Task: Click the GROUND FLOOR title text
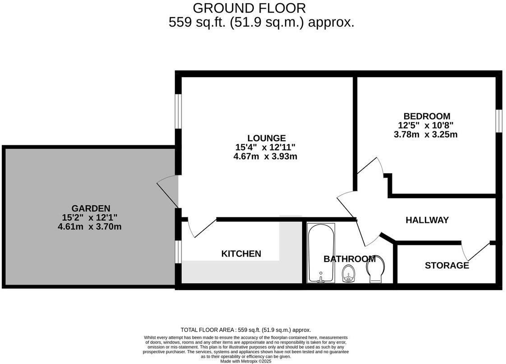tap(249, 8)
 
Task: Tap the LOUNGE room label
tap(266, 138)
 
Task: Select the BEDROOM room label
tap(427, 116)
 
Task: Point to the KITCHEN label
tap(241, 254)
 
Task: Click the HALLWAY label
tap(427, 220)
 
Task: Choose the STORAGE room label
tap(446, 266)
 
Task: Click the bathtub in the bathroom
tap(321, 253)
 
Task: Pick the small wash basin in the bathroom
tap(348, 273)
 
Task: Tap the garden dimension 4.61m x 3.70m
tap(90, 227)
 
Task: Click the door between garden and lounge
tap(168, 192)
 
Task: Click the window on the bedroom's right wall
tap(499, 121)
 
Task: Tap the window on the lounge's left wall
tap(179, 111)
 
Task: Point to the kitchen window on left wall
tap(179, 251)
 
